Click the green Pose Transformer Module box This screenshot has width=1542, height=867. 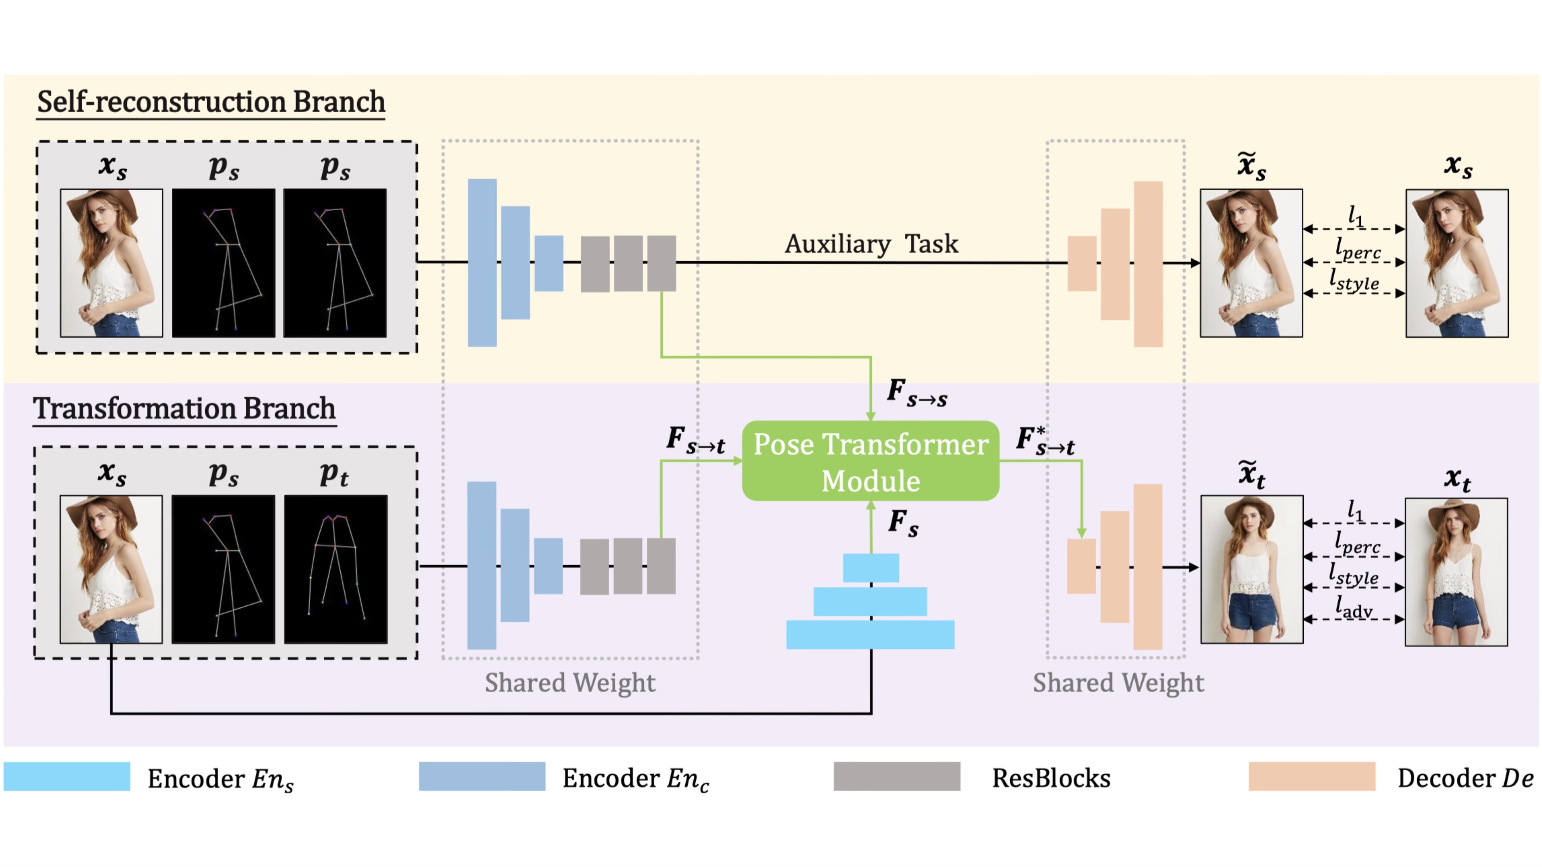pos(870,461)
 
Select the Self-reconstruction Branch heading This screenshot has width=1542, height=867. pos(211,102)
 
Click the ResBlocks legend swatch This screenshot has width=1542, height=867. pos(897,777)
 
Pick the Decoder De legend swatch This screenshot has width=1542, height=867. pos(1311,777)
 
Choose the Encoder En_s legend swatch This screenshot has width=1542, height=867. pos(67,777)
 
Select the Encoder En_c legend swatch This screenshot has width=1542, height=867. pos(482,777)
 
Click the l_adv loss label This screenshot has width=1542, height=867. pos(1354,609)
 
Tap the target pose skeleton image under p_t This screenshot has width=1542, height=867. pos(336,569)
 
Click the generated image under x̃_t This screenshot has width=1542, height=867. pos(1252,569)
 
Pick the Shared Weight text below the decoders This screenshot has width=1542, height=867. pos(1118,683)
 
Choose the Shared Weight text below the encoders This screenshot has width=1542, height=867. pos(570,683)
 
